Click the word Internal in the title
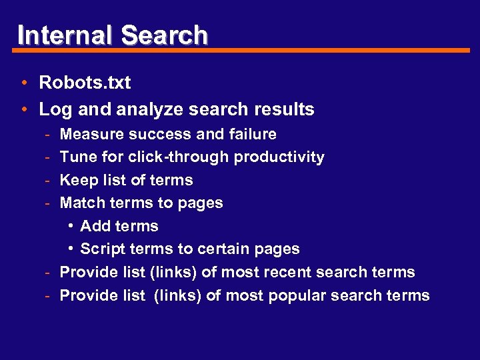[x=64, y=35]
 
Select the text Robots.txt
[x=85, y=83]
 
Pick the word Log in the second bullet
[x=53, y=109]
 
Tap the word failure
[x=252, y=135]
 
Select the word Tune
[x=75, y=157]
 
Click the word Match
[x=79, y=203]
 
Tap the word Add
[x=93, y=226]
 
